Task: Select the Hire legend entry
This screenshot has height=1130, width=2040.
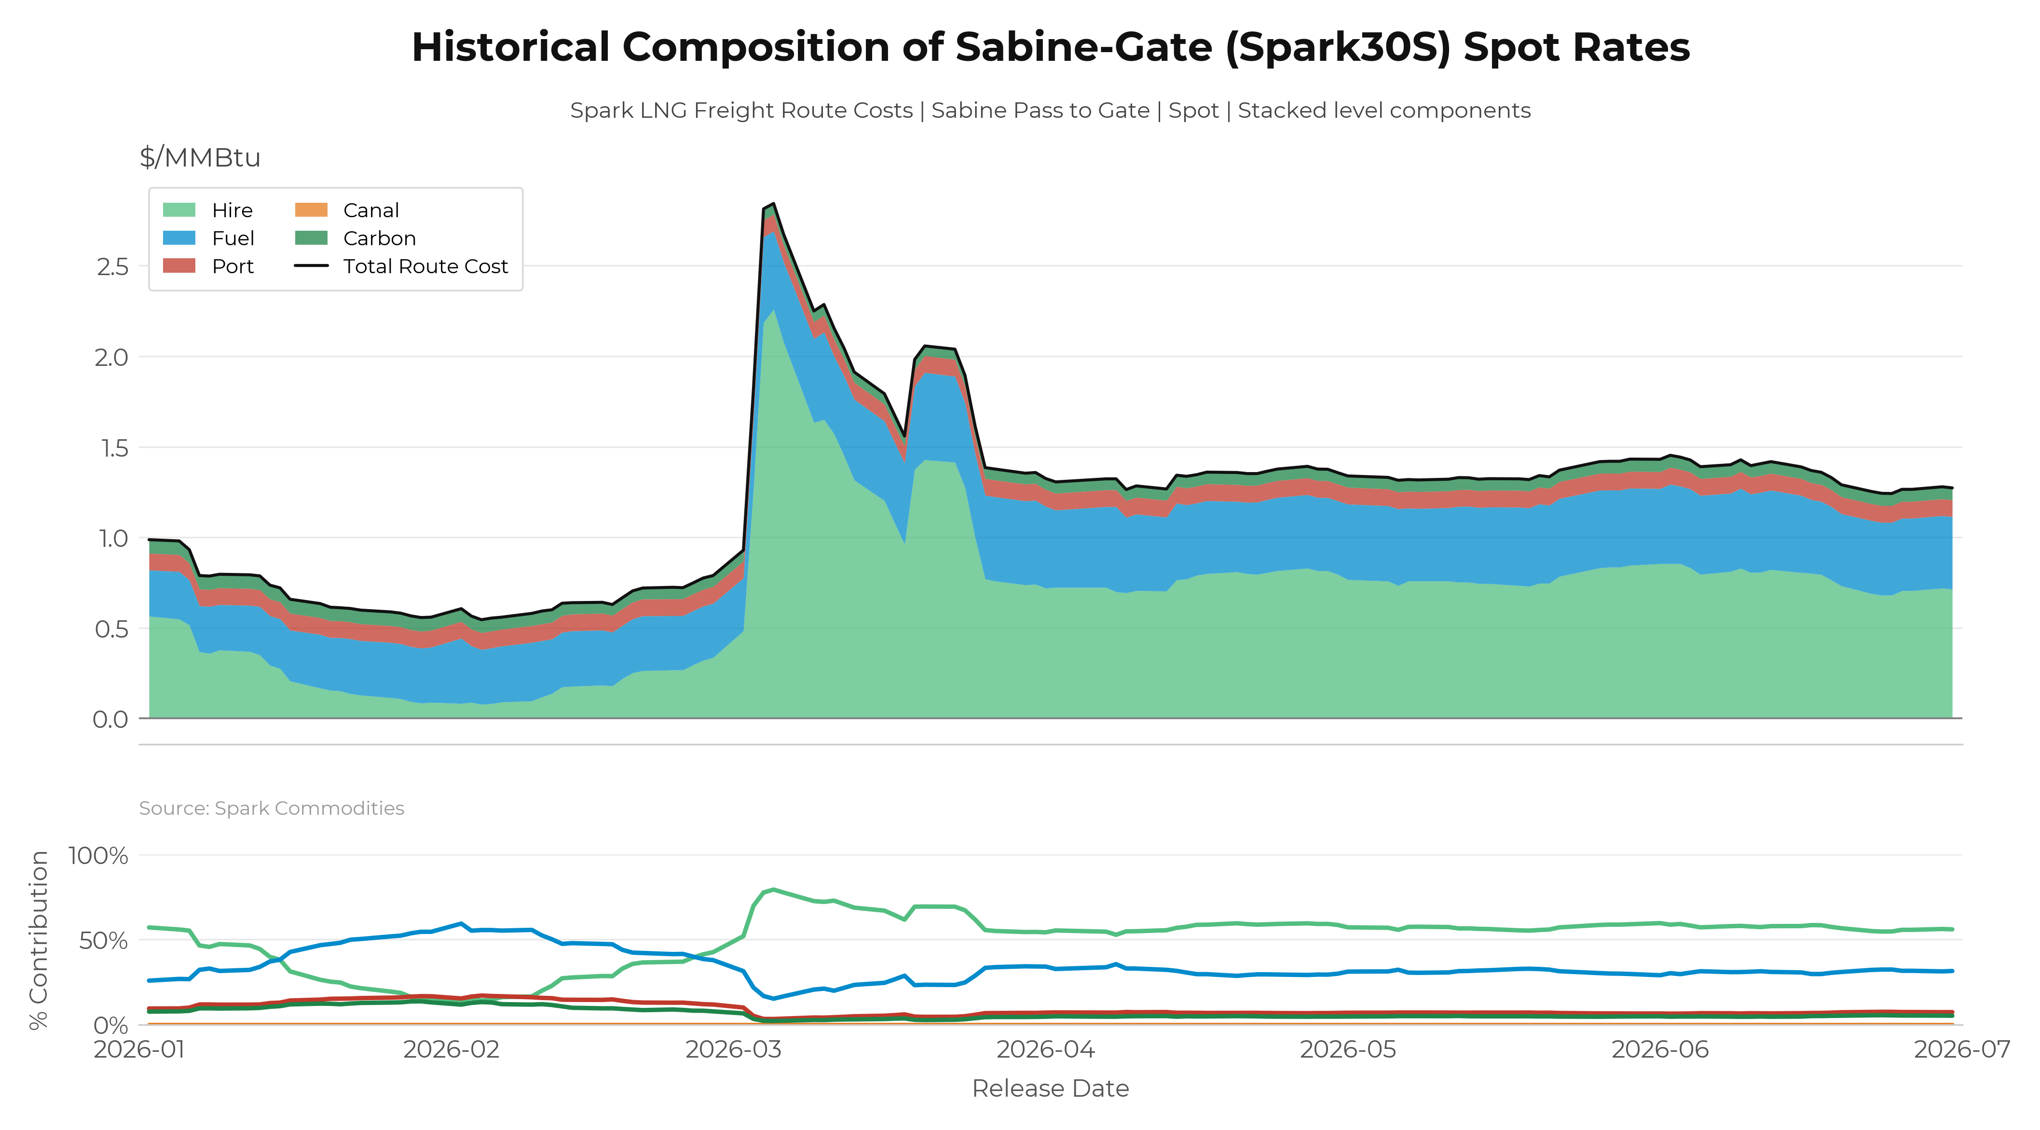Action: point(207,210)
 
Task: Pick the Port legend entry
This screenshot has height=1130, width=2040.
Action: point(207,266)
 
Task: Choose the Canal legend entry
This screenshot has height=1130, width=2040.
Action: point(347,210)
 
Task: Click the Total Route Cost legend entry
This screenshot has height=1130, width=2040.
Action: point(401,266)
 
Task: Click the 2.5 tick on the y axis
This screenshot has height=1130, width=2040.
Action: point(112,266)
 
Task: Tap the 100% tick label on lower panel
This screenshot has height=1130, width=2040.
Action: point(98,856)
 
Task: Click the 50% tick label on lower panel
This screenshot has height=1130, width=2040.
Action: point(104,941)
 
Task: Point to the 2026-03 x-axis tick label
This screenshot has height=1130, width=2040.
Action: point(733,1049)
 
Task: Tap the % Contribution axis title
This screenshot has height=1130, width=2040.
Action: point(39,940)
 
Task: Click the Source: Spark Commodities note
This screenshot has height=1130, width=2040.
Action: point(272,808)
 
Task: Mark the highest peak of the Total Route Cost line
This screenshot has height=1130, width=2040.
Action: point(773,204)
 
